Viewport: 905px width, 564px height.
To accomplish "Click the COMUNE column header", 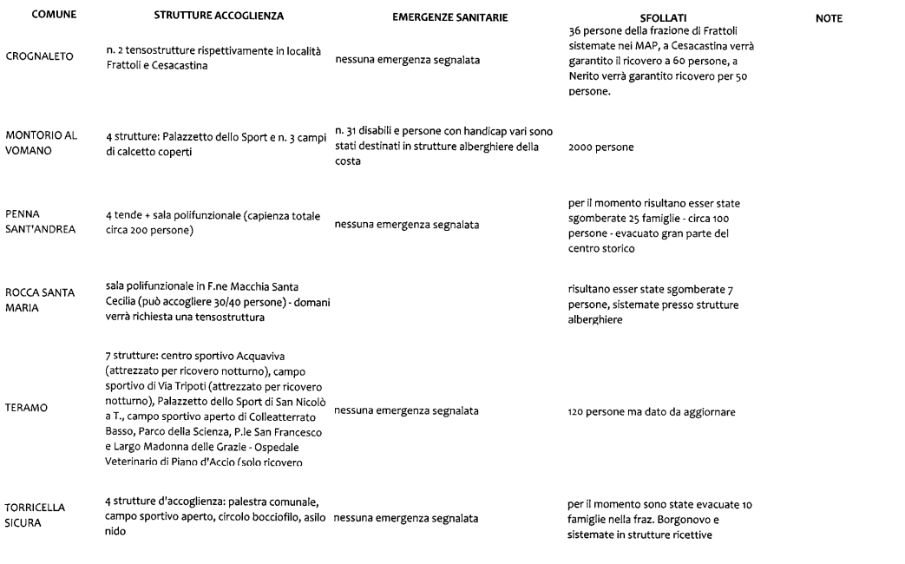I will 51,16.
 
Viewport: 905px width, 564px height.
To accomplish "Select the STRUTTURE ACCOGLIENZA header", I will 219,16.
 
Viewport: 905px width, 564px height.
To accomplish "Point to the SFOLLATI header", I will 663,17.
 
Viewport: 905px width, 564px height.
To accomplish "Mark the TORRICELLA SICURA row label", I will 37,510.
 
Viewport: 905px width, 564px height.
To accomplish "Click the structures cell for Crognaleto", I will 213,58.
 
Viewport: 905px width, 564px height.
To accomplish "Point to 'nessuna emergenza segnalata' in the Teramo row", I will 406,411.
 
